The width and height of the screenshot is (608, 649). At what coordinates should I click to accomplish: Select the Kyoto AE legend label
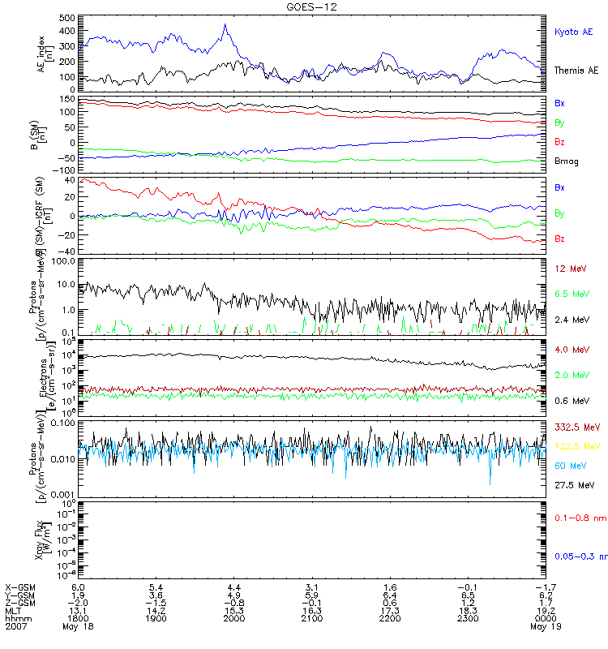tap(573, 32)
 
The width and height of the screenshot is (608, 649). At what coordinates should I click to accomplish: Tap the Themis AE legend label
tap(576, 71)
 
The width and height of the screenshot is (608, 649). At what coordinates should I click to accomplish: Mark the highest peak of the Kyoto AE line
tap(225, 24)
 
